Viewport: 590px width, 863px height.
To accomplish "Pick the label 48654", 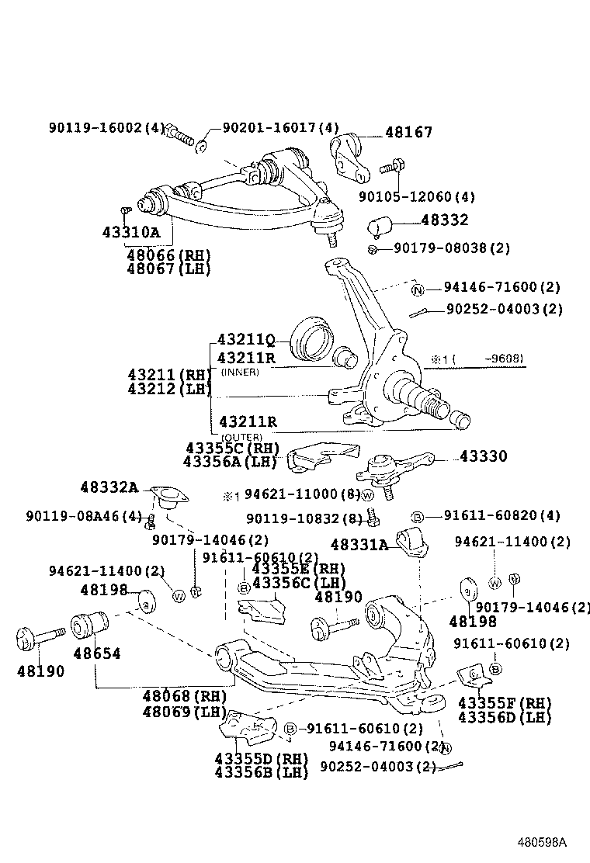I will [97, 653].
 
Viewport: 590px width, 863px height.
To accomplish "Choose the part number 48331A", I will [359, 546].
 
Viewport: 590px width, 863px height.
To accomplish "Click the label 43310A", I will [130, 232].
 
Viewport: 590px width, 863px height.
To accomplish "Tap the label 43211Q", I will [246, 340].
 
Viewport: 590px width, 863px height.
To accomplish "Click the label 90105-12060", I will [417, 197].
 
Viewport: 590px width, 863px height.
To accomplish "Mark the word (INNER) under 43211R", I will [240, 373].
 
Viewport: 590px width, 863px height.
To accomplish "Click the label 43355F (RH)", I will [505, 703].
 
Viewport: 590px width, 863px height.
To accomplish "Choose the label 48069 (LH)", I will [184, 712].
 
